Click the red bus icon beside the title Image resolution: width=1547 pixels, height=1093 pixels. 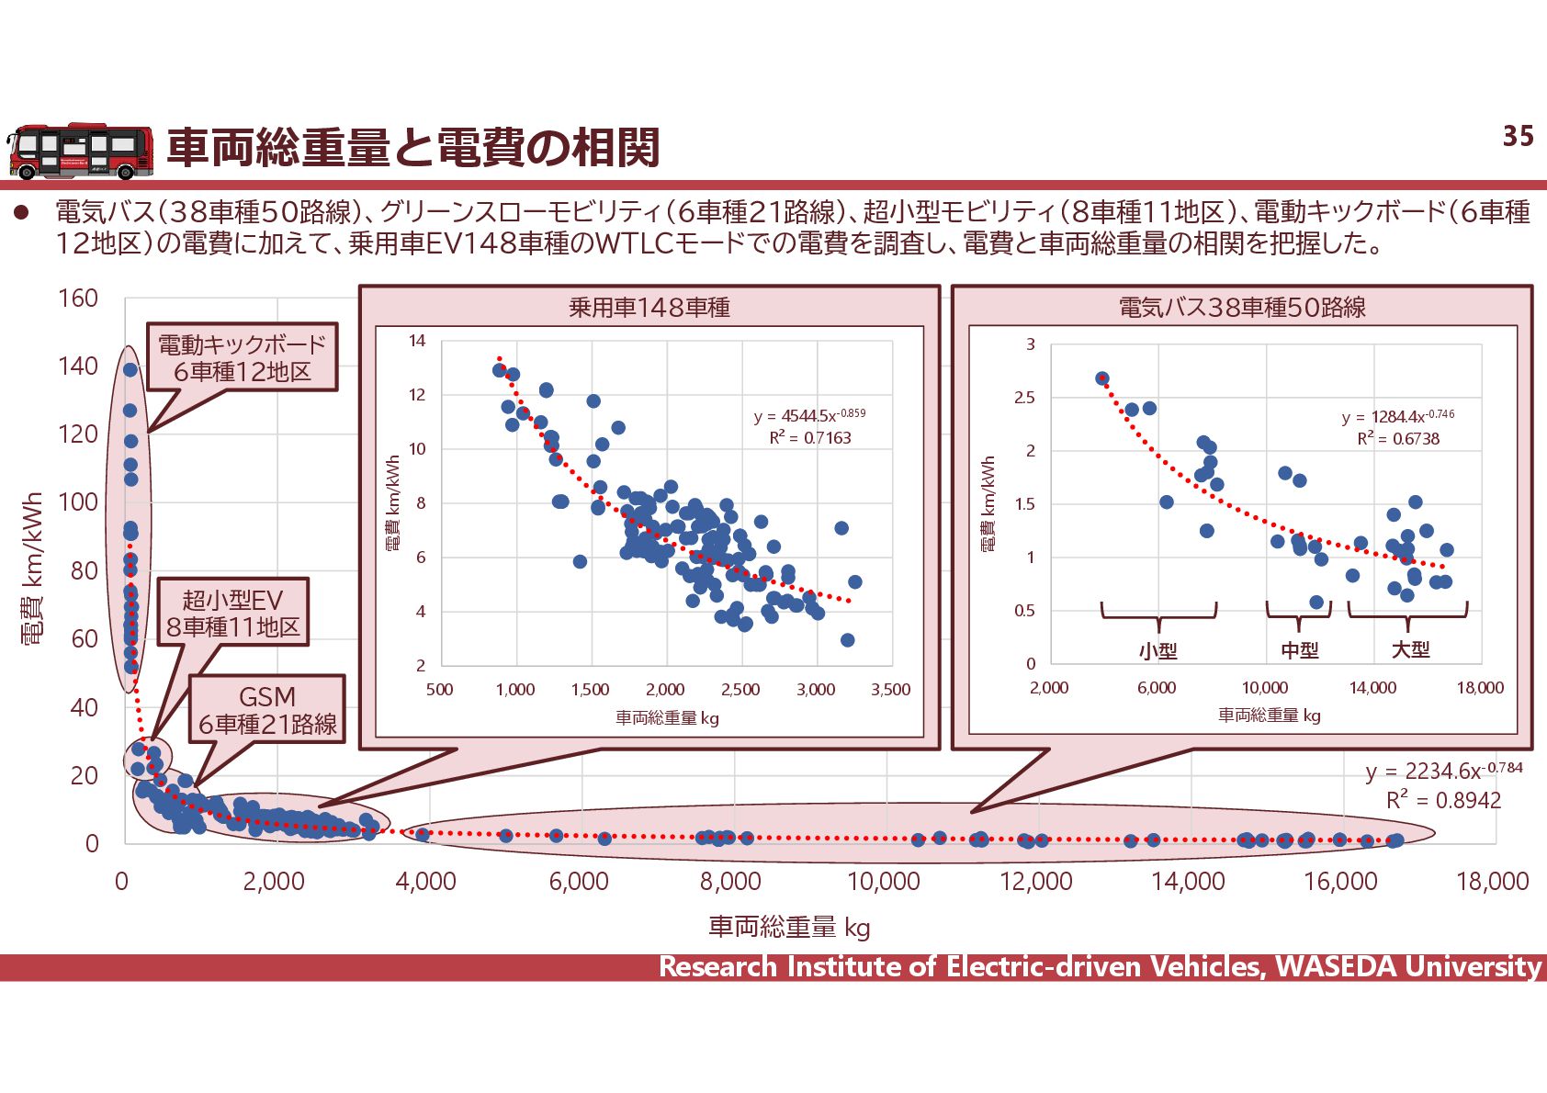81,152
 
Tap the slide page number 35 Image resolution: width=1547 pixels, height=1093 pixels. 1518,137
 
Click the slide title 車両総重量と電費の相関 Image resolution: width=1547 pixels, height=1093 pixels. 412,148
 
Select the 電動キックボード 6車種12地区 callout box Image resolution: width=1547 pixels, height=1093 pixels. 243,357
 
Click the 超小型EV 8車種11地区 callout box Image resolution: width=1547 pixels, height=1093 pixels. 232,613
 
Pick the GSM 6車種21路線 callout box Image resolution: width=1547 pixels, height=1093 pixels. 267,710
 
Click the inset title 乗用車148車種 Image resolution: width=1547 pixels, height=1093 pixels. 649,307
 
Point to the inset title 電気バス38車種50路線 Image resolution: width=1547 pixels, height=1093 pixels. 1242,307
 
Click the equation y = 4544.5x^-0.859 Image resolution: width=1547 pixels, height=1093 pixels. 809,415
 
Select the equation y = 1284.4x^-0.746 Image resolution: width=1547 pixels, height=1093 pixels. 1397,416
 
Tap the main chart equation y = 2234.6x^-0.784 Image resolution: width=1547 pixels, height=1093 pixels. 1443,771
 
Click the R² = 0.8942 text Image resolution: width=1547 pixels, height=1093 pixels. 1443,800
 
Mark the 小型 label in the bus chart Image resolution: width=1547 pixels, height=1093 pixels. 1157,650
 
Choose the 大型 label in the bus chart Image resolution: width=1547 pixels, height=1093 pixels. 1410,649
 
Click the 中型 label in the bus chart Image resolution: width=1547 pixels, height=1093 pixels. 1300,650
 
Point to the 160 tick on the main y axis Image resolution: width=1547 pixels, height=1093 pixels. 78,299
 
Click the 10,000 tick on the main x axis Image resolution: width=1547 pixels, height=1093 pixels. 883,882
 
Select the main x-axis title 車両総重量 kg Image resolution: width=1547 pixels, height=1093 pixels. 788,927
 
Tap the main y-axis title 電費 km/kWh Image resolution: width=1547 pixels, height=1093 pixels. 32,569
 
